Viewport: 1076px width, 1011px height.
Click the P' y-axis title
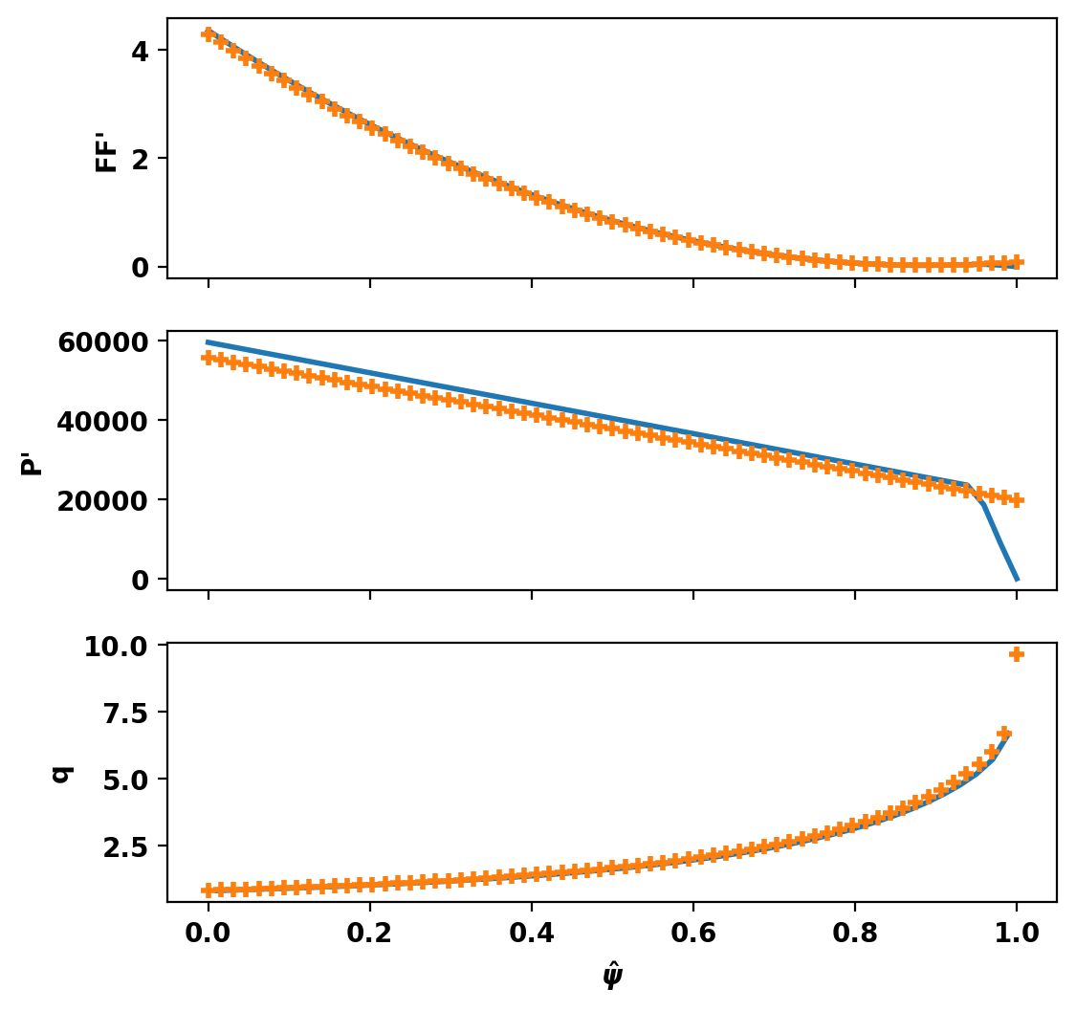point(32,461)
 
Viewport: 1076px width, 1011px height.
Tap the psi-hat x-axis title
point(612,975)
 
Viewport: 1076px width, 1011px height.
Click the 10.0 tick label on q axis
point(116,647)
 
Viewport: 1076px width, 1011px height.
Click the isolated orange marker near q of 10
point(1017,654)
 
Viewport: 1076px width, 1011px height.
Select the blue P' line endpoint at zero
point(1017,579)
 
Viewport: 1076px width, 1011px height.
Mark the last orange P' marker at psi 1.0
point(1017,500)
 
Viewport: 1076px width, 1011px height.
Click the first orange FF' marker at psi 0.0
point(209,34)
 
